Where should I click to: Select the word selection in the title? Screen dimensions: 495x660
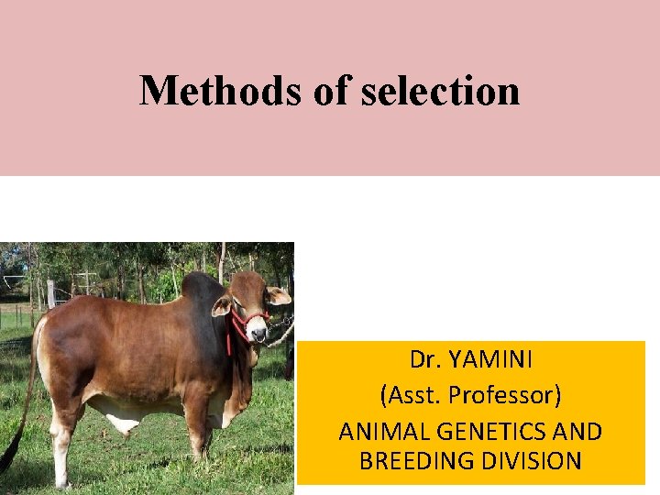(x=441, y=90)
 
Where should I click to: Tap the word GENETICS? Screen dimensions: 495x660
(x=492, y=431)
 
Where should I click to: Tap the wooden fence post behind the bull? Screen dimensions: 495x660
(x=51, y=295)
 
